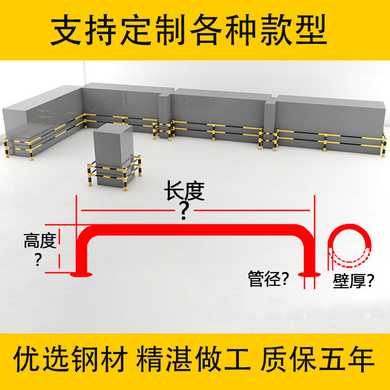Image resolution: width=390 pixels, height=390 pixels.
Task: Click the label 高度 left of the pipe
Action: (x=40, y=240)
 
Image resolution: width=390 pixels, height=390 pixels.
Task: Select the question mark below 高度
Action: (x=39, y=260)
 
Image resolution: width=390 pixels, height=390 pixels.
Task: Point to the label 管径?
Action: (x=269, y=280)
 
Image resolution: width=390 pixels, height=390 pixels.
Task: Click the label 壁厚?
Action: (x=354, y=281)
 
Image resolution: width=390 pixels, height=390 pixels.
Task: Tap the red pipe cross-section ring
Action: (x=348, y=246)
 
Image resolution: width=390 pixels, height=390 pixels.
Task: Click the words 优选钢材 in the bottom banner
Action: (x=72, y=360)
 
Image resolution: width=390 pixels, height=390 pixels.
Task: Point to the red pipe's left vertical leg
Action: (x=82, y=253)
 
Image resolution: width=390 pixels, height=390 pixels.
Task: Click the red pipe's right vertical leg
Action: (x=308, y=253)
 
